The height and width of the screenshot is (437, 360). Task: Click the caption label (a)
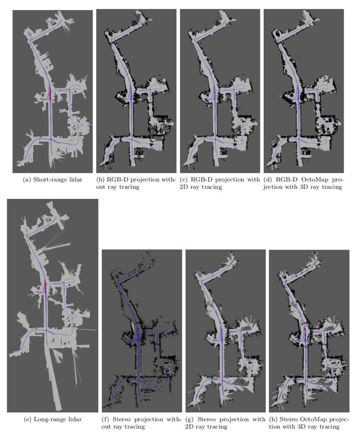(27, 180)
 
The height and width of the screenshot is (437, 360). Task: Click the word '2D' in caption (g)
(190, 427)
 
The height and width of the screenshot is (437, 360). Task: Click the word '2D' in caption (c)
(184, 187)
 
